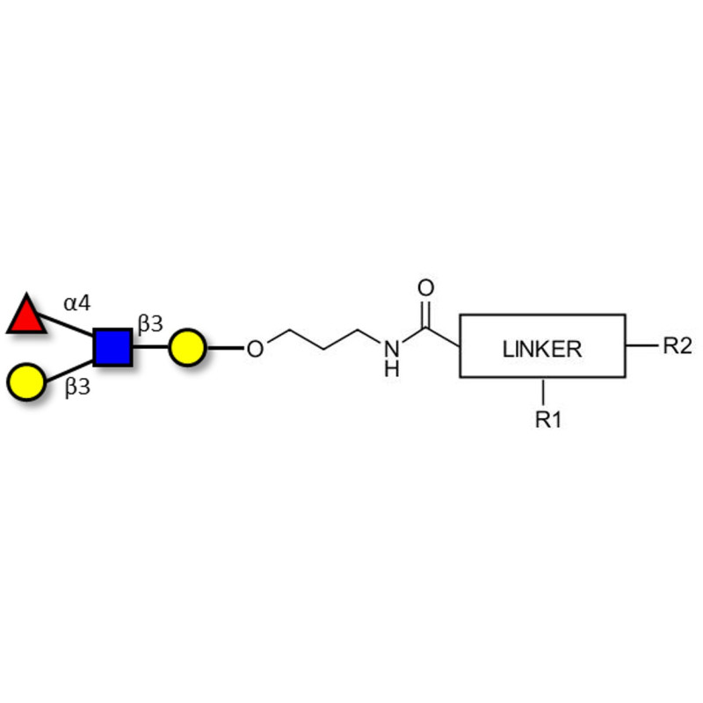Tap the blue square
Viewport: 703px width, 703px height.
(x=112, y=347)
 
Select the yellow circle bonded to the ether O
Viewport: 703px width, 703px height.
(x=187, y=348)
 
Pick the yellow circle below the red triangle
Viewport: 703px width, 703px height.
(x=25, y=382)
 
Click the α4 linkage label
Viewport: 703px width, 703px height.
(x=76, y=303)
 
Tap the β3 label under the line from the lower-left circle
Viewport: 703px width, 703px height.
(x=77, y=388)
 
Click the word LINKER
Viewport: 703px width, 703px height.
(x=542, y=348)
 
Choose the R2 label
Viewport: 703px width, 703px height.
(x=677, y=345)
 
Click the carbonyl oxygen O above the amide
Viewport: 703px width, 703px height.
(x=426, y=288)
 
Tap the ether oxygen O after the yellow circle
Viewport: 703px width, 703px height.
(x=254, y=349)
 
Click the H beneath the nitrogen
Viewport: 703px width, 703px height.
(x=392, y=369)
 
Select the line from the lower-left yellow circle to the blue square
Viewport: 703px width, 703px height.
(x=69, y=367)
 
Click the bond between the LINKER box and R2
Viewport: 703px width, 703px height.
(x=641, y=345)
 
